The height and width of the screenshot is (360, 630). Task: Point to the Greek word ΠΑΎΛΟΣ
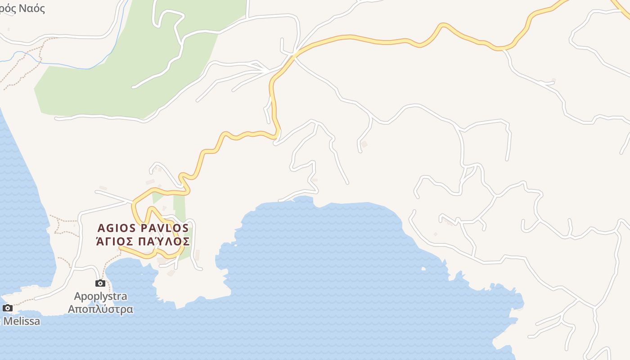[x=164, y=241]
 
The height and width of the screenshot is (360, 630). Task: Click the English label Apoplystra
[x=100, y=296]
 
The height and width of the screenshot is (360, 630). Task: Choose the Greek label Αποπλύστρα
[x=100, y=309]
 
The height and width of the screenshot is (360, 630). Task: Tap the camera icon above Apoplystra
[x=100, y=283]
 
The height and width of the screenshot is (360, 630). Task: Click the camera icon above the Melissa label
[x=8, y=308]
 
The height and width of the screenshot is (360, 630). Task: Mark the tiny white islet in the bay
[x=423, y=269]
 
